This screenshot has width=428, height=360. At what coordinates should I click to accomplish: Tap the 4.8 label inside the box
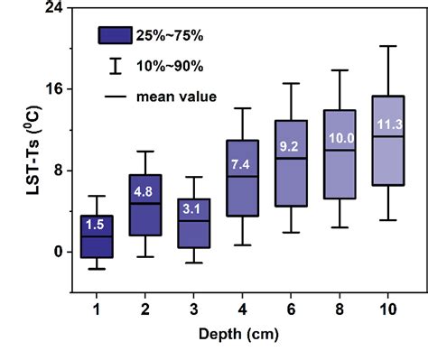pyautogui.click(x=143, y=191)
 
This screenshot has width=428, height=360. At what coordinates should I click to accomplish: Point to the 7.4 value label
pyautogui.click(x=240, y=164)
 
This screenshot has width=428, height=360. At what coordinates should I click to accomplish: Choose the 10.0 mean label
pyautogui.click(x=340, y=138)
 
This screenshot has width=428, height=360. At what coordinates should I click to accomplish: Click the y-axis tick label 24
pyautogui.click(x=52, y=8)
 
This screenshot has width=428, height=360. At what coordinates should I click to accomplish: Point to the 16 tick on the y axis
pyautogui.click(x=52, y=89)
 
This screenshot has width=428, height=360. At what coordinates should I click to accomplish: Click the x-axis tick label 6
pyautogui.click(x=290, y=309)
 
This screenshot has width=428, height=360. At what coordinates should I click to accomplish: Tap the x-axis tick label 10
pyautogui.click(x=388, y=309)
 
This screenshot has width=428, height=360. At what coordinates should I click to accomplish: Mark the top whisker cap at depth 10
pyautogui.click(x=388, y=46)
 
